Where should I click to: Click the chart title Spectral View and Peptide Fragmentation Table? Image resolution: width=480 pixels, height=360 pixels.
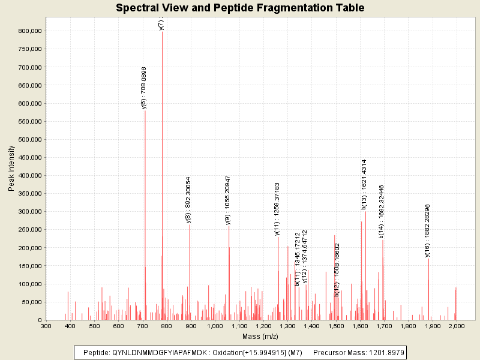click(240, 8)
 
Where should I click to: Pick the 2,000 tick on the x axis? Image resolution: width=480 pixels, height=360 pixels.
click(456, 326)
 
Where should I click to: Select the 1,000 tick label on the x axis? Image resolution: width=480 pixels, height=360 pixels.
click(215, 326)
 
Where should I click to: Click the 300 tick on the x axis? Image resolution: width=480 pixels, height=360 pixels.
click(46, 326)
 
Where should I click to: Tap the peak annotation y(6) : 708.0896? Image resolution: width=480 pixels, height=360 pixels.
click(144, 88)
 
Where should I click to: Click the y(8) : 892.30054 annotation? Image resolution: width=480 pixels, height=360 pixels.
click(188, 200)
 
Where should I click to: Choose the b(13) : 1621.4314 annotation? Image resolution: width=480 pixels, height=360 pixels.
click(364, 184)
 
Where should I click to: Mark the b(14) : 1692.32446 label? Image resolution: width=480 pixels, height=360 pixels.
click(382, 212)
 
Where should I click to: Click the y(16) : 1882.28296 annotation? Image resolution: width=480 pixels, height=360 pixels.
click(428, 230)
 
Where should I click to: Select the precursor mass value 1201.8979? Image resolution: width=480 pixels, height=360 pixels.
click(384, 352)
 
